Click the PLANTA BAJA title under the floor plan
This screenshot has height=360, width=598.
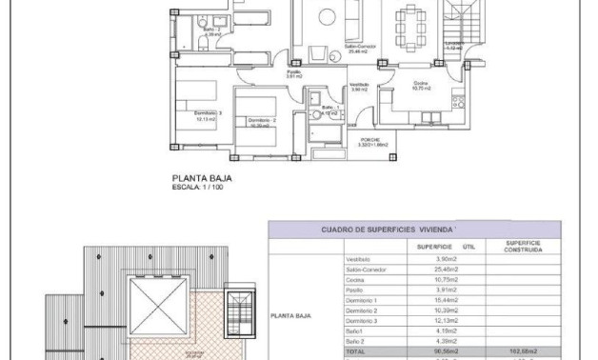pyautogui.click(x=202, y=177)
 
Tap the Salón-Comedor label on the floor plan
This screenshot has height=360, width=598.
pyautogui.click(x=333, y=50)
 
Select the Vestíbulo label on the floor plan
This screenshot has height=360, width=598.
pyautogui.click(x=359, y=87)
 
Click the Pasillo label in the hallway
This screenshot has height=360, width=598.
pyautogui.click(x=295, y=72)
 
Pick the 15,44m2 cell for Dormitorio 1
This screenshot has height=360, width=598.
pyautogui.click(x=446, y=300)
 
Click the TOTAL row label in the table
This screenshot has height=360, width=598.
pyautogui.click(x=355, y=350)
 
